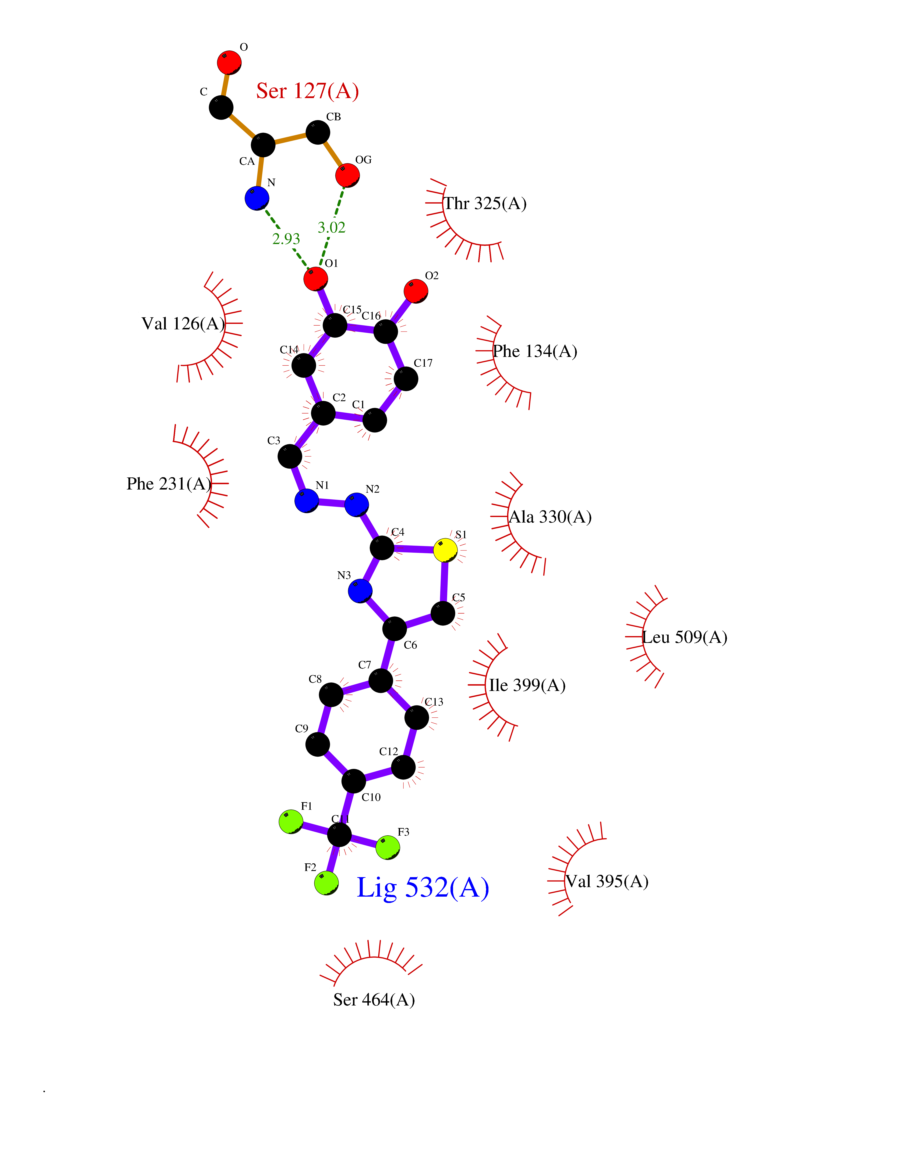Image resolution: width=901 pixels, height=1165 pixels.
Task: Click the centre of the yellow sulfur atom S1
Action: (445, 550)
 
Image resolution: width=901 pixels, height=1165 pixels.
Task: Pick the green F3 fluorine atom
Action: (388, 848)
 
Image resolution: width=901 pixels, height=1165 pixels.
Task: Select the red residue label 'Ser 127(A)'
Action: (307, 91)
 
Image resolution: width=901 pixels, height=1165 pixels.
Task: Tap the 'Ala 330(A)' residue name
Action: (550, 517)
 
